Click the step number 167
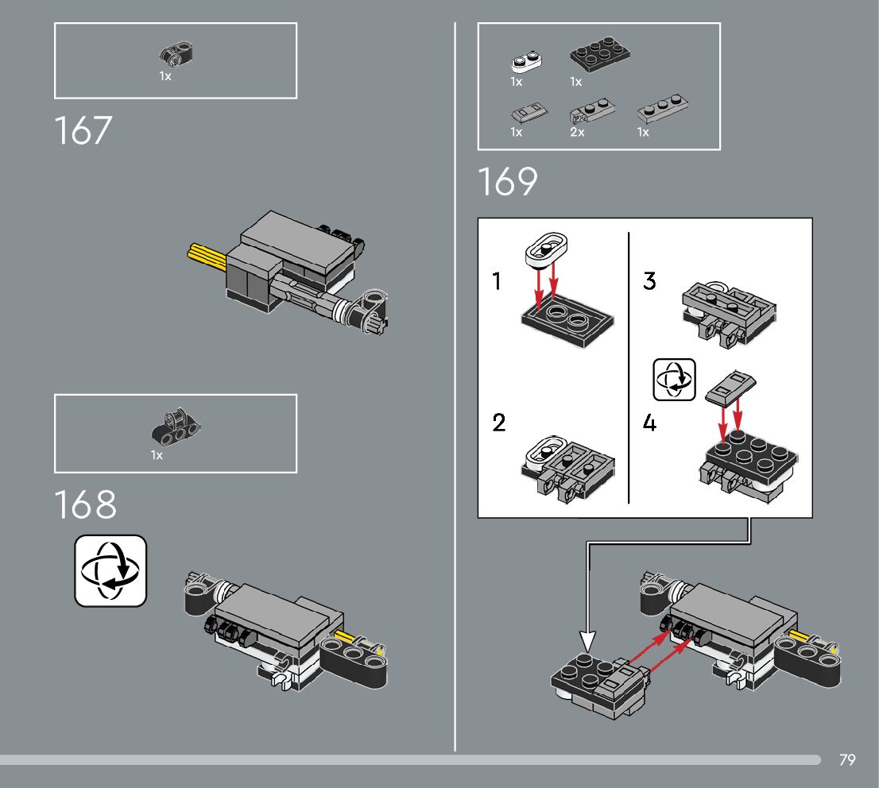83,131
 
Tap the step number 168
85,505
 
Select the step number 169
507,182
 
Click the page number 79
847,760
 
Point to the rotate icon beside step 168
110,570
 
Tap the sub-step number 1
498,281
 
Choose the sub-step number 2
498,422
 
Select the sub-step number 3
649,281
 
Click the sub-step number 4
650,423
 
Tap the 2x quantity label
577,133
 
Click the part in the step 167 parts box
177,55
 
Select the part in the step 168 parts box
175,429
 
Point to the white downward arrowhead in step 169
587,642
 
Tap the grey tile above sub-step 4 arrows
730,388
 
